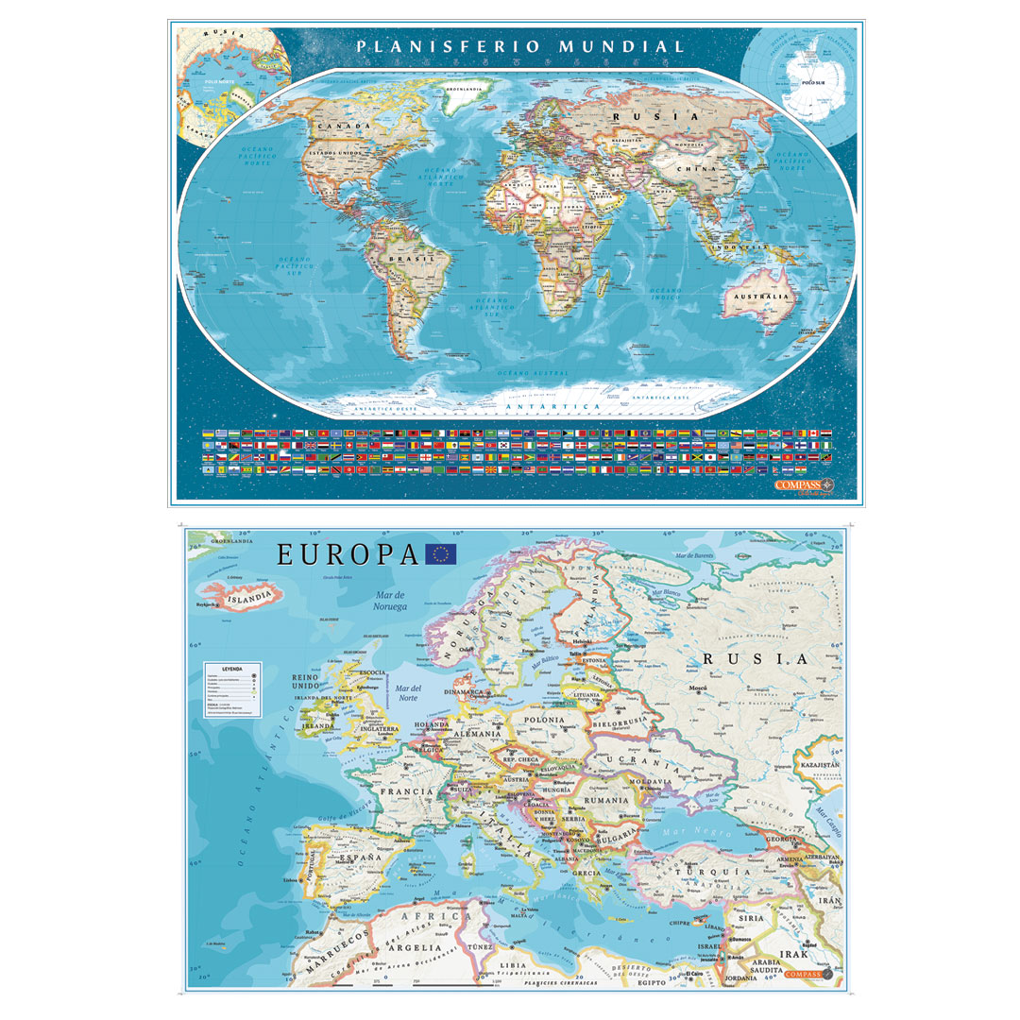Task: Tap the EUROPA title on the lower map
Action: tap(347, 555)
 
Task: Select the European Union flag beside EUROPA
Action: tap(441, 554)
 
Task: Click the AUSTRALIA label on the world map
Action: tap(756, 297)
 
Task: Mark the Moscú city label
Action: tap(697, 688)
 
